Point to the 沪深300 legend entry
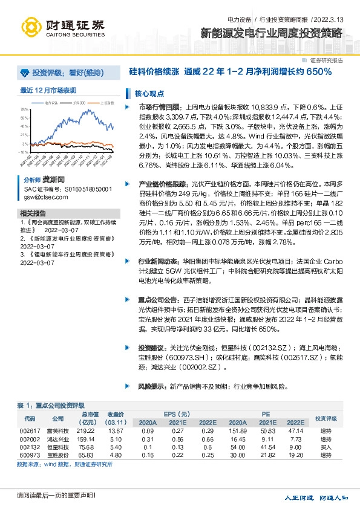pyautogui.click(x=79, y=103)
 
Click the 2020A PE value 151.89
pyautogui.click(x=233, y=430)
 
